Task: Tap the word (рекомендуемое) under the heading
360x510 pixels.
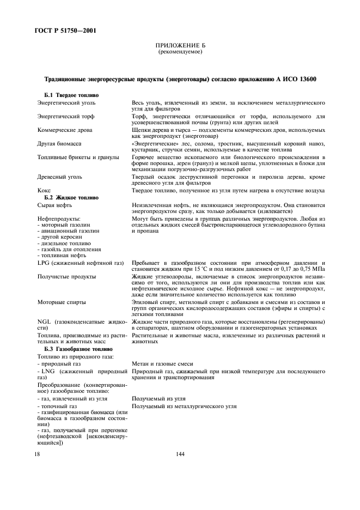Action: pos(180,53)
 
